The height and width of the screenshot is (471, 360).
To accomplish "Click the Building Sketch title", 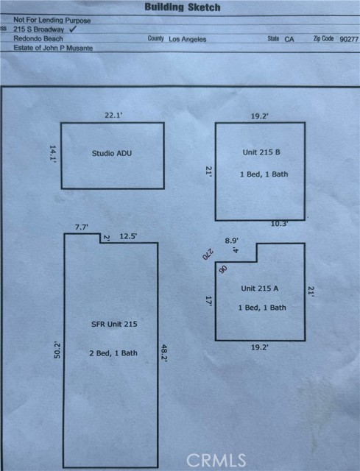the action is pyautogui.click(x=183, y=7).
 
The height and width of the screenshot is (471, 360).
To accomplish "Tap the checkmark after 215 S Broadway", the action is pyautogui.click(x=73, y=29).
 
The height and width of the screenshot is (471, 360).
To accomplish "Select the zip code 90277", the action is pyautogui.click(x=349, y=39).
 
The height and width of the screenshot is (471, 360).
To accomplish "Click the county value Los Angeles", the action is pyautogui.click(x=188, y=39).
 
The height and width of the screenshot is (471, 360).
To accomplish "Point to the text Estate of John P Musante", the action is pyautogui.click(x=53, y=48).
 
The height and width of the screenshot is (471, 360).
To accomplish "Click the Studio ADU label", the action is pyautogui.click(x=112, y=153).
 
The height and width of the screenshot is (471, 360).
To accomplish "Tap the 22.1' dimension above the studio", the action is pyautogui.click(x=113, y=115).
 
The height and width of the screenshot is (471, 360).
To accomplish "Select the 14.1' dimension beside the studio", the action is pyautogui.click(x=53, y=154).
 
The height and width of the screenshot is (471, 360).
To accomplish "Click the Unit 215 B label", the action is pyautogui.click(x=261, y=152).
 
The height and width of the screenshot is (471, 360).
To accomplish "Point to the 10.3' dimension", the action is pyautogui.click(x=280, y=224).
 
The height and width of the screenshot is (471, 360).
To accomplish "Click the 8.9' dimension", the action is pyautogui.click(x=232, y=241).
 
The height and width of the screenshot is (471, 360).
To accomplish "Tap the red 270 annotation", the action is pyautogui.click(x=208, y=255).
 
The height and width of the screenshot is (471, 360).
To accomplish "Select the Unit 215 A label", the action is pyautogui.click(x=260, y=288).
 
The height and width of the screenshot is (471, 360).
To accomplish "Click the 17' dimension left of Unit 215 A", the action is pyautogui.click(x=209, y=301).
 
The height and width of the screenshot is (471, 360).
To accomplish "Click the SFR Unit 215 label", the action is pyautogui.click(x=114, y=324).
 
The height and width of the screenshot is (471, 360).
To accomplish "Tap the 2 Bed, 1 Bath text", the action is pyautogui.click(x=113, y=353).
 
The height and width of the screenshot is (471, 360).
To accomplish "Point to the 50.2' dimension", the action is pyautogui.click(x=57, y=350).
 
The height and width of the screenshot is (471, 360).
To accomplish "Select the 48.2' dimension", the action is pyautogui.click(x=164, y=353).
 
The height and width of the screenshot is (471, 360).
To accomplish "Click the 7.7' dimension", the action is pyautogui.click(x=82, y=227).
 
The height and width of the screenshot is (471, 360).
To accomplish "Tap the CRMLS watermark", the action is pyautogui.click(x=216, y=460).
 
